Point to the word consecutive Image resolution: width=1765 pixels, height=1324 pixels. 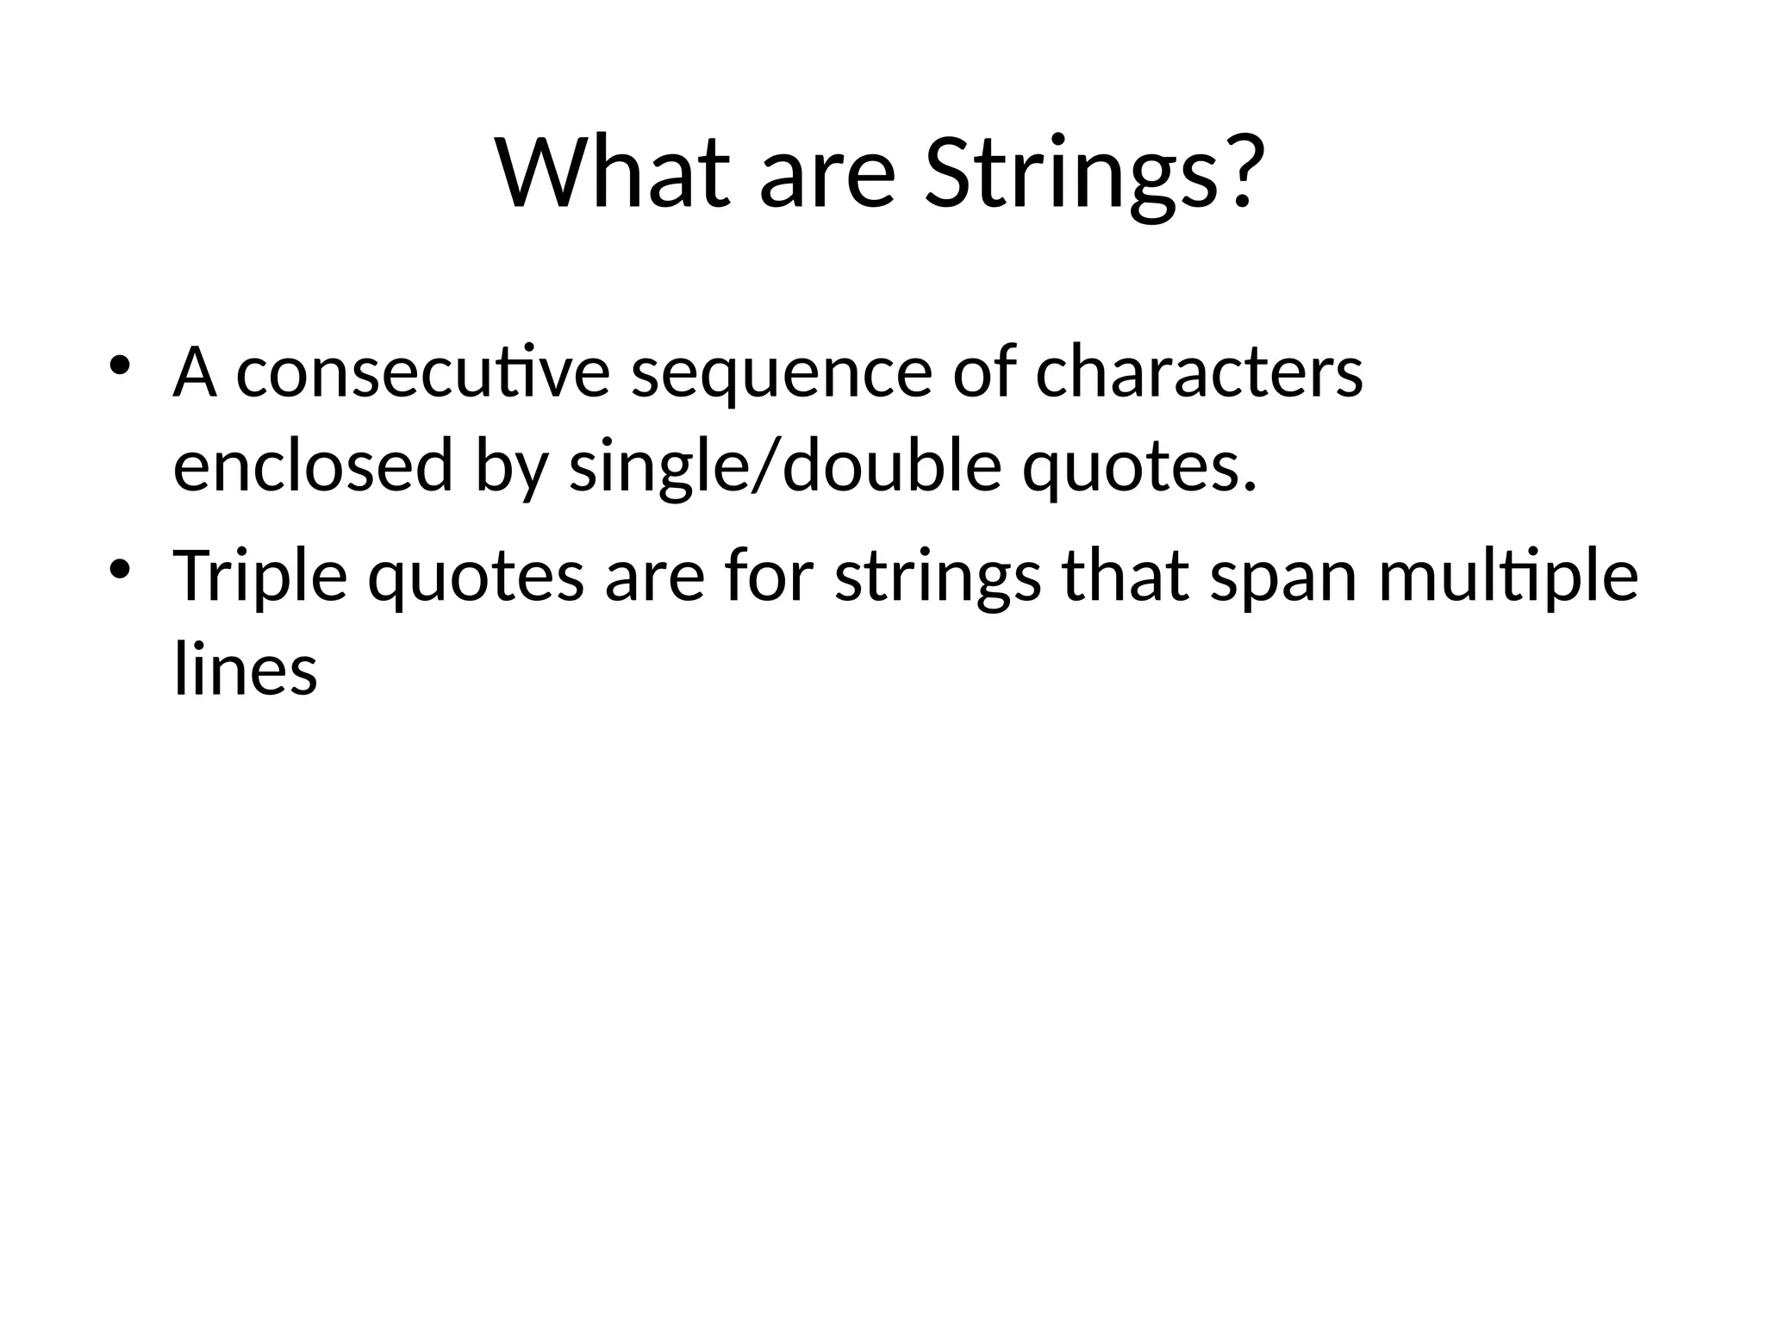(x=422, y=374)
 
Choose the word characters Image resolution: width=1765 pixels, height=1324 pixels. (x=1199, y=374)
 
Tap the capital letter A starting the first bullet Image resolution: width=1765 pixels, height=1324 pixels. (x=194, y=372)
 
